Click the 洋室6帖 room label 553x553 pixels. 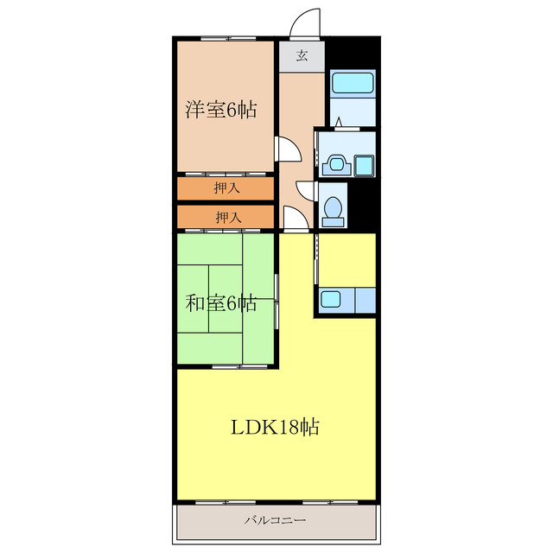[221, 110]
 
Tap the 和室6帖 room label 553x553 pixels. [221, 303]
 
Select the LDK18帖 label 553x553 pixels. [275, 427]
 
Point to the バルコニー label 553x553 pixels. [276, 520]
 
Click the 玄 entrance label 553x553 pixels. [302, 55]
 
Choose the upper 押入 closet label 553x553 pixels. [226, 188]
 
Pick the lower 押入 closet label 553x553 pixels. [228, 217]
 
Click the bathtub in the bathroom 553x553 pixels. [353, 83]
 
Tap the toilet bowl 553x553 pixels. [333, 207]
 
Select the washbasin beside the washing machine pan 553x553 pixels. [337, 165]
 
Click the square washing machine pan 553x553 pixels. [364, 166]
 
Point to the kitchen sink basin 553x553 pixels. [330, 299]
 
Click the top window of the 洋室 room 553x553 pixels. [228, 38]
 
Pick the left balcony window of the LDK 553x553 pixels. [226, 502]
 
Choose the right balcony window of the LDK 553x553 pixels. [330, 502]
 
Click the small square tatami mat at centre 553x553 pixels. [226, 298]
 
